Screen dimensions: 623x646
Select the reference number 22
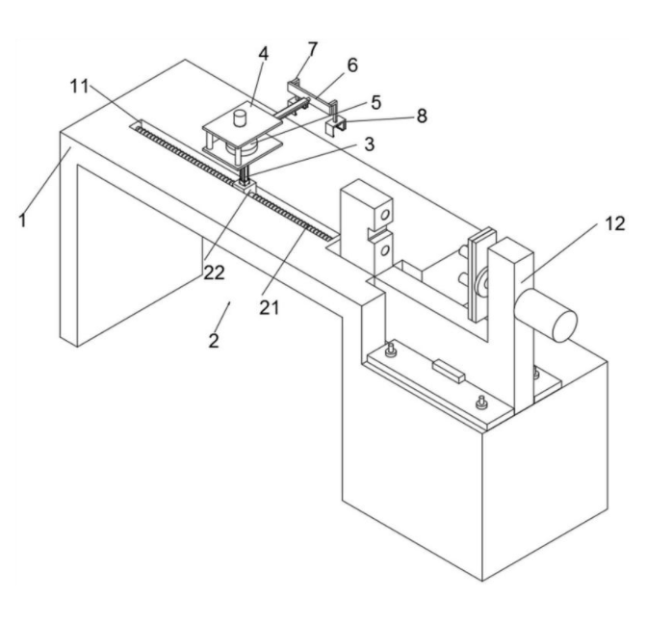pyautogui.click(x=213, y=272)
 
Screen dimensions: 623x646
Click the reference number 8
pyautogui.click(x=420, y=116)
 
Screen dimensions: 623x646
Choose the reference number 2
pyautogui.click(x=213, y=339)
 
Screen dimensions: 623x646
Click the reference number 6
pyautogui.click(x=352, y=65)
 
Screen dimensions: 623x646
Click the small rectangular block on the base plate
pyautogui.click(x=450, y=368)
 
